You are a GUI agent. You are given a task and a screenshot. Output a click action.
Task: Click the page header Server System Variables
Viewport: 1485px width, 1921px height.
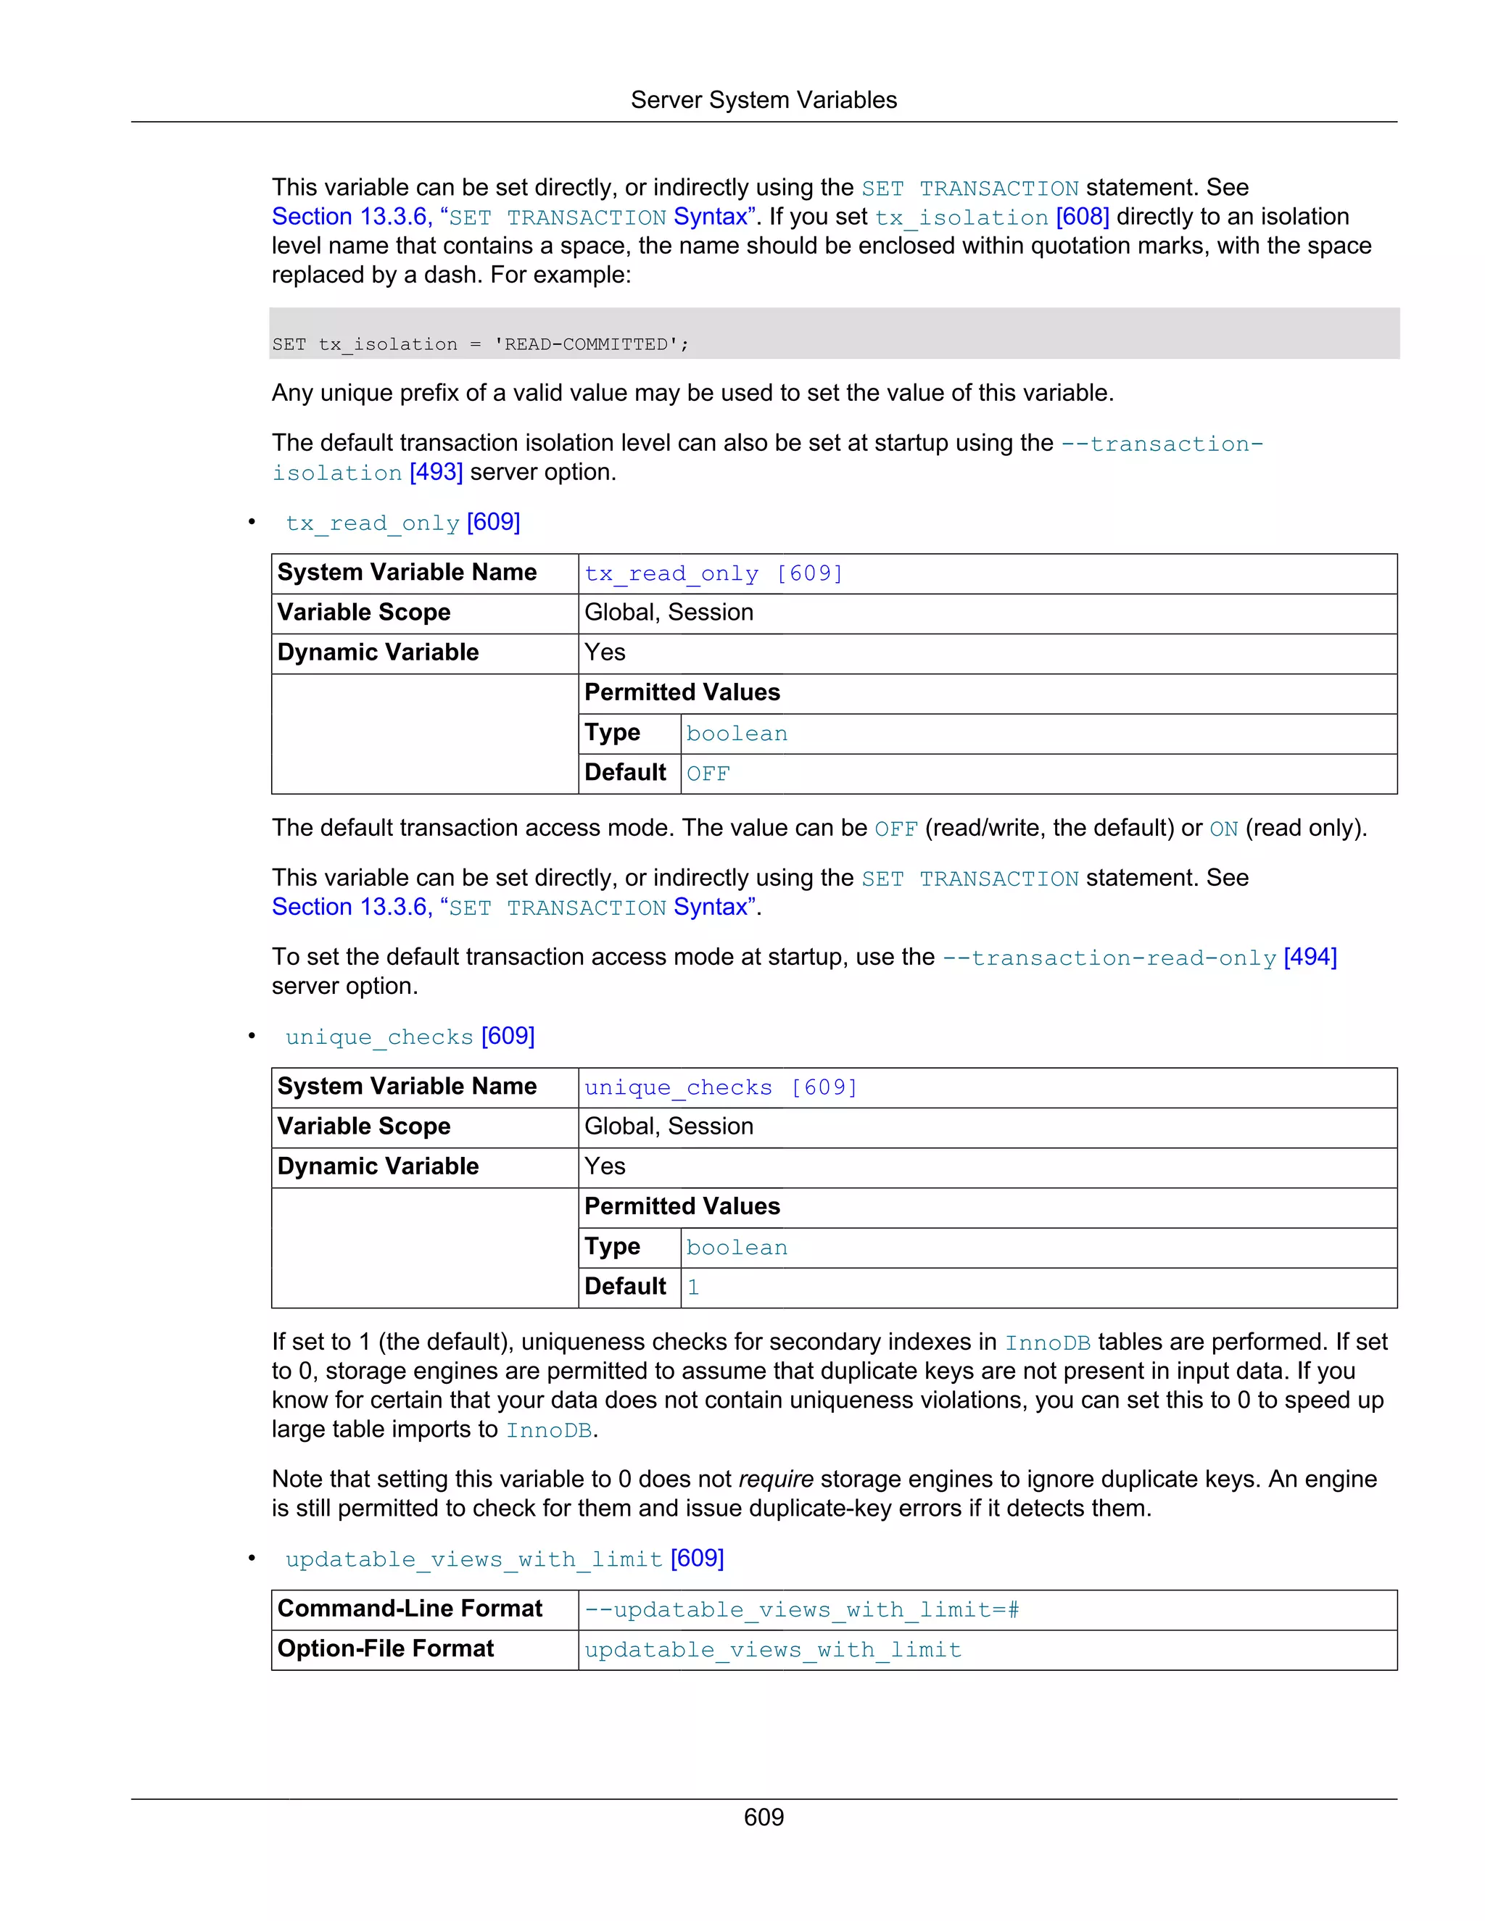click(763, 100)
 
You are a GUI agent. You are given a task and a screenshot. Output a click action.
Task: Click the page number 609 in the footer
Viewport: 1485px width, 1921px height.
click(763, 1817)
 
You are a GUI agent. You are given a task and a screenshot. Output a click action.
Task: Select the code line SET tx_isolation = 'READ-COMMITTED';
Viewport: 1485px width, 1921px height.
click(480, 344)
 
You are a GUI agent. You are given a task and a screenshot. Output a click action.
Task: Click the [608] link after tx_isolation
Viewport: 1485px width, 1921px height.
click(1081, 216)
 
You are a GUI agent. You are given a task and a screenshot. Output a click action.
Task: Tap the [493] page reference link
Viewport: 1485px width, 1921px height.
click(436, 473)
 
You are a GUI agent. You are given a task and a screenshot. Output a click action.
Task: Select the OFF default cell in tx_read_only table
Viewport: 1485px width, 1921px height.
click(708, 774)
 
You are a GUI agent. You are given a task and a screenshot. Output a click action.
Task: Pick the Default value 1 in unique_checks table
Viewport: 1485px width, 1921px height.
click(693, 1287)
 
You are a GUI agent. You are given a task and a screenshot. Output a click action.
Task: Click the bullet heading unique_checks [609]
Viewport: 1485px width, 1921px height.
click(409, 1036)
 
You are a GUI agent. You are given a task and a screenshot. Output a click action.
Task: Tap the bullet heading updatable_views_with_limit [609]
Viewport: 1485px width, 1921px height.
click(504, 1559)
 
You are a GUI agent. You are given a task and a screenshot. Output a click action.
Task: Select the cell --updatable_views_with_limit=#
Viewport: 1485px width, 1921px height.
click(801, 1609)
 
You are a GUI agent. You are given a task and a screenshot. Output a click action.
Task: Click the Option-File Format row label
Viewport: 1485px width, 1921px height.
click(385, 1648)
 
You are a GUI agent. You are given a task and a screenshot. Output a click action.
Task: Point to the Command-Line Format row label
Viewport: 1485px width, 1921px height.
click(409, 1609)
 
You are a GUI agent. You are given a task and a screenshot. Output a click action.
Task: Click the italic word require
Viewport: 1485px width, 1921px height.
click(775, 1480)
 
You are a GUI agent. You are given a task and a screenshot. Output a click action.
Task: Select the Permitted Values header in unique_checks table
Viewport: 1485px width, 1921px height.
click(682, 1207)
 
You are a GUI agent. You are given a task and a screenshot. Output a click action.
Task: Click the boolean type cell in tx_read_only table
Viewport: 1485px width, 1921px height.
click(737, 734)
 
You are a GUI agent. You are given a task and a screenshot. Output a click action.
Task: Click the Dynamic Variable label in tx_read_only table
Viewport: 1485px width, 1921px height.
click(379, 652)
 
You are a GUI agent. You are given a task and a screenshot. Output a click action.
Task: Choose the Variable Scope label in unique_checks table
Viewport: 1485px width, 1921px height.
click(363, 1127)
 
